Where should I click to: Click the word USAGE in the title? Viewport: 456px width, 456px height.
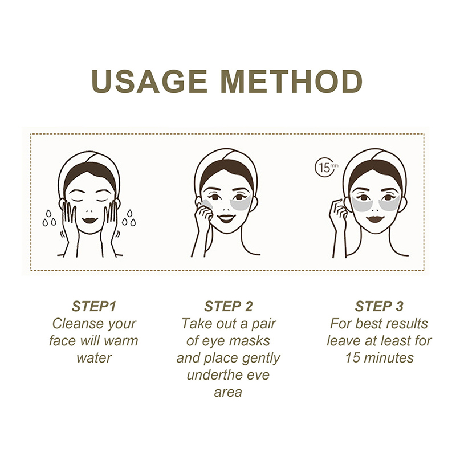coord(149,81)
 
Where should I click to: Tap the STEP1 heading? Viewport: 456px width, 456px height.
coord(94,306)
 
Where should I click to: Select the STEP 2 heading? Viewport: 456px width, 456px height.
coord(229,306)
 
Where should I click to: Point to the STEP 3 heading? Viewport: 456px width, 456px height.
coord(379,306)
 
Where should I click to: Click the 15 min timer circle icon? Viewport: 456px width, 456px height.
coord(325,167)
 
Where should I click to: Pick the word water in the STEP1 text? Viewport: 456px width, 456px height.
coord(94,358)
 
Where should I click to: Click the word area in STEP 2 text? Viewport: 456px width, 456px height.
coord(228,393)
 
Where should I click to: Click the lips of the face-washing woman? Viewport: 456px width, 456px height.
coord(89,220)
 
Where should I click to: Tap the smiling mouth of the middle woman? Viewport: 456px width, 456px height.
coord(226,218)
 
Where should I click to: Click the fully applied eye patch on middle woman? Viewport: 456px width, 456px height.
coord(241,203)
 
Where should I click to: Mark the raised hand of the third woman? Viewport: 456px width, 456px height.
coord(338,212)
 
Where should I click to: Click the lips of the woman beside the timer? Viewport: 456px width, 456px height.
coord(375,219)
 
